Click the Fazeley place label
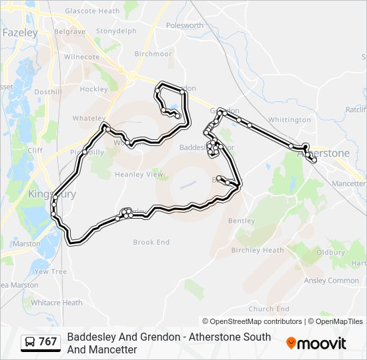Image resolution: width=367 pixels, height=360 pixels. point(20,31)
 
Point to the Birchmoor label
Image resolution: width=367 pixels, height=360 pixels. point(153,54)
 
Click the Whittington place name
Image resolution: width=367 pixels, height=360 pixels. point(290,120)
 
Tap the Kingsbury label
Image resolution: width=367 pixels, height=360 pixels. point(52,194)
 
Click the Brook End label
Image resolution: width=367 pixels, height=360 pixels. point(151,242)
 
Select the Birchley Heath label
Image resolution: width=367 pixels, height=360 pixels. point(258,250)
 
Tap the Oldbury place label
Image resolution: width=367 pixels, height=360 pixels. point(330,252)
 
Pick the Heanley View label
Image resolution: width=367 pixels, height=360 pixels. point(139,175)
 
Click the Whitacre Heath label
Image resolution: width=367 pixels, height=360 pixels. point(57,303)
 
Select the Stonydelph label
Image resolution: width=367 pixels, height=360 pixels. point(116,31)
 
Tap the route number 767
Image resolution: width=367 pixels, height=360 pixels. point(48,342)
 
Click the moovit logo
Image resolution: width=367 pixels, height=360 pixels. point(316,343)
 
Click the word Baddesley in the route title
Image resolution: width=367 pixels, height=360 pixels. point(90,337)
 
